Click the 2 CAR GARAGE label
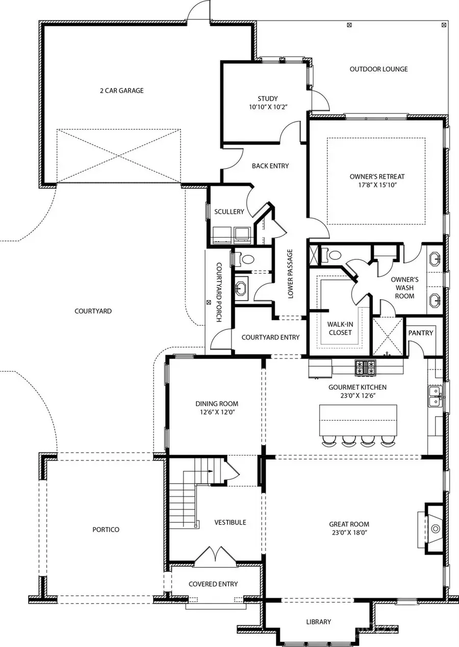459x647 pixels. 121,91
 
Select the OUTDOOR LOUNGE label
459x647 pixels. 378,69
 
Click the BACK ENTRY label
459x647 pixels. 270,166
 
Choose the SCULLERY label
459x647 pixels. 229,212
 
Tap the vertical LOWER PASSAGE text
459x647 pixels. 290,274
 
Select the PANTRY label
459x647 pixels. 421,333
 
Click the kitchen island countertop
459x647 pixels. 358,419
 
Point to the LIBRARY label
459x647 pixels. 319,621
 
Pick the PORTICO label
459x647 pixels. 106,530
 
